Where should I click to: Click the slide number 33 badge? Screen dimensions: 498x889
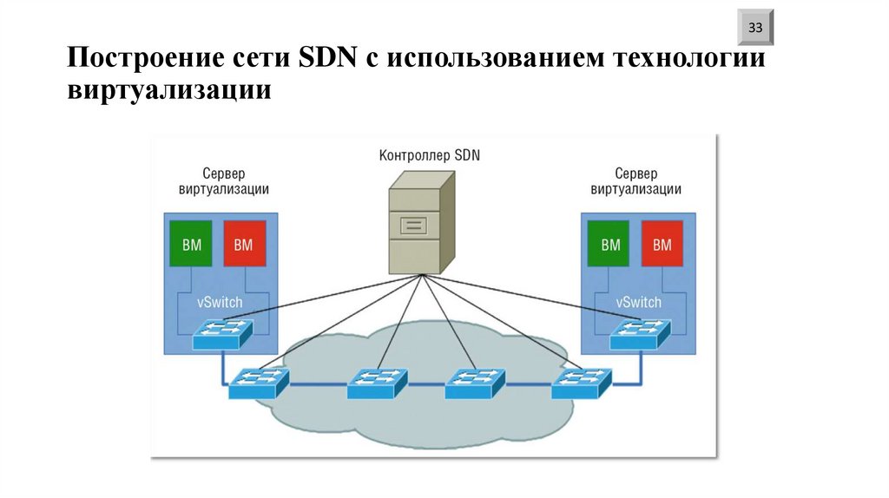pos(755,29)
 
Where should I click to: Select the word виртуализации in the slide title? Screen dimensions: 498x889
pos(170,89)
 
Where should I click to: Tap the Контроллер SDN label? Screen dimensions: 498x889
pos(429,156)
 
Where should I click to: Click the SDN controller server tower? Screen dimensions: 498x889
pos(422,221)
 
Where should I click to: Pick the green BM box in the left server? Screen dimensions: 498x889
pos(191,245)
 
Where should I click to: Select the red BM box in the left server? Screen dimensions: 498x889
pos(243,245)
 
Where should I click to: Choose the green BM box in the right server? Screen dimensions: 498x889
pos(610,245)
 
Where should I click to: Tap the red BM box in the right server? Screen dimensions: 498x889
pos(662,245)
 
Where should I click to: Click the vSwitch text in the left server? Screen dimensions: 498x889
pos(220,303)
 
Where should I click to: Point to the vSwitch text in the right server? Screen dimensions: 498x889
pos(638,303)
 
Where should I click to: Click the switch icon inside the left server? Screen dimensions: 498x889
pos(222,334)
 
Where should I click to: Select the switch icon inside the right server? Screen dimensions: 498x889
pos(640,334)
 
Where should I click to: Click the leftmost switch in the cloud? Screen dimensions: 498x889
pos(258,383)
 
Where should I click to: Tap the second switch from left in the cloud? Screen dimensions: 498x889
pos(377,383)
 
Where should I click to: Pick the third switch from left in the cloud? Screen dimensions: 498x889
pos(475,383)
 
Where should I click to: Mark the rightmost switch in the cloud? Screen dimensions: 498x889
pos(581,383)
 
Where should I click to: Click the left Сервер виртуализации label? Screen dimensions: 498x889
pos(223,181)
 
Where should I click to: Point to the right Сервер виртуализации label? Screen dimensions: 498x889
pos(635,181)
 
